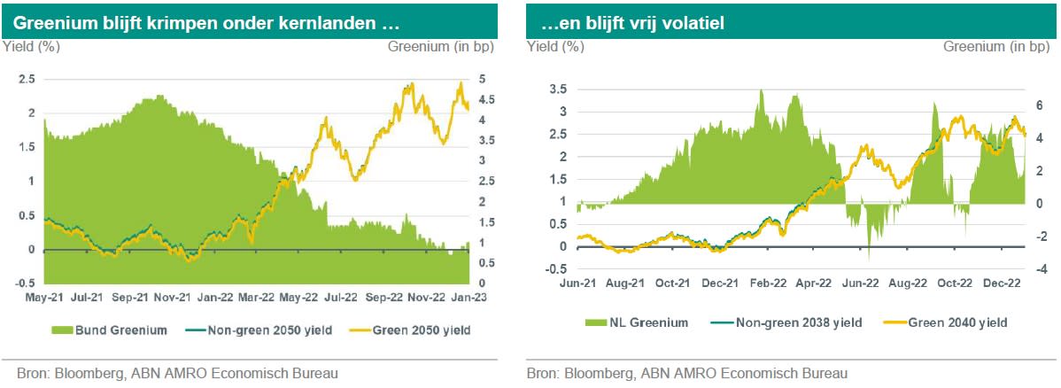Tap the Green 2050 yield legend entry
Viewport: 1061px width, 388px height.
click(417, 330)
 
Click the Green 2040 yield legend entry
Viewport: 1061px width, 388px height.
click(948, 322)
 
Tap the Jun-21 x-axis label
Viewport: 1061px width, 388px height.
click(577, 283)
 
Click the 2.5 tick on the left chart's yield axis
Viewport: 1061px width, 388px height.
click(27, 79)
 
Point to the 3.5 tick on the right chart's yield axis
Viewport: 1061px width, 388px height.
click(558, 89)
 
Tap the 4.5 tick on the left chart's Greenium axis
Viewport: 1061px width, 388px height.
click(486, 99)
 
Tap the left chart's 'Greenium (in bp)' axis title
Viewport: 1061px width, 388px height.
click(441, 46)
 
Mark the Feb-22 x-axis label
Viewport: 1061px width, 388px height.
click(768, 283)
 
